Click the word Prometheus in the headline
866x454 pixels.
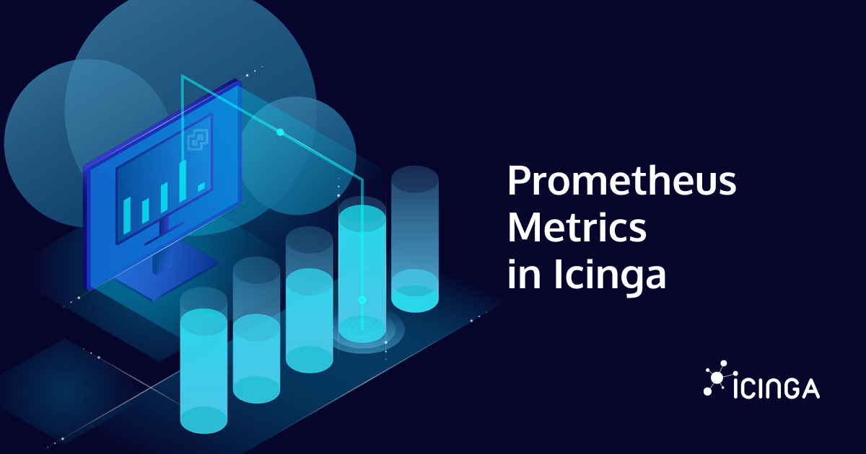[621, 182]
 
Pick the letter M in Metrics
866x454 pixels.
[524, 228]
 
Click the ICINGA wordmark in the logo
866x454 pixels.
[776, 389]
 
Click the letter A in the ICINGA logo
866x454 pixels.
[810, 389]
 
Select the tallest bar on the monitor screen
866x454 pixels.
[183, 180]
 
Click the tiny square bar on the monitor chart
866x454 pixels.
[201, 187]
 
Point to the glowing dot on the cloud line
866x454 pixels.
[280, 133]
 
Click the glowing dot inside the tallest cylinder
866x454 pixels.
[362, 300]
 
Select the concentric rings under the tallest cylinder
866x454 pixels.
[362, 331]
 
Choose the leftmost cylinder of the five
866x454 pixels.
[204, 360]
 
